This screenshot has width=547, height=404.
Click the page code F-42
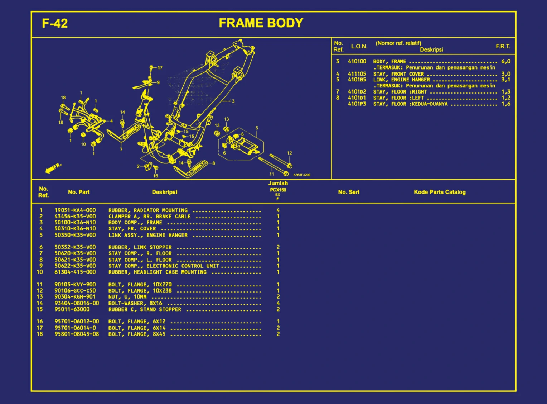click(x=55, y=23)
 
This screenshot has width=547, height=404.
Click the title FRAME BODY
click(x=261, y=23)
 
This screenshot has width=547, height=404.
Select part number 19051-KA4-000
click(x=75, y=210)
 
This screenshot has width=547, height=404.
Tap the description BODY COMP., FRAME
click(x=135, y=223)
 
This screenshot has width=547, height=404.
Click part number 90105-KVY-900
click(x=75, y=285)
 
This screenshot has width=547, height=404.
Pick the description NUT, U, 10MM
click(x=127, y=297)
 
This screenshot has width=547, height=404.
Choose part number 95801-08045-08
click(x=77, y=334)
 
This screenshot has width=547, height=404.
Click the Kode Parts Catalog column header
click(x=440, y=192)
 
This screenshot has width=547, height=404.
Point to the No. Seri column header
click(x=349, y=192)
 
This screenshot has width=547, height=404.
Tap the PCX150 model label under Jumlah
click(x=278, y=190)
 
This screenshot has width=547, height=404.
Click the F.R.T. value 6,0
click(x=506, y=61)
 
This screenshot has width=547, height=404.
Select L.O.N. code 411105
click(x=357, y=74)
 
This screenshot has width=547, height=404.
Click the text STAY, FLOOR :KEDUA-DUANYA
click(x=410, y=104)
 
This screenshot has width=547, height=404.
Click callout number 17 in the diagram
click(x=160, y=68)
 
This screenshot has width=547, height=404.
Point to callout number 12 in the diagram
click(x=289, y=153)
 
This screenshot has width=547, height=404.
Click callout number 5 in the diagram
click(x=257, y=128)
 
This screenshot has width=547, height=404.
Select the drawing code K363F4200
click(x=302, y=175)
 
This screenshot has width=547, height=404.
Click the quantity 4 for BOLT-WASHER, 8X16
click(x=278, y=303)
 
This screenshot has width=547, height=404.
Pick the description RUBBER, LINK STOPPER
click(x=140, y=247)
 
